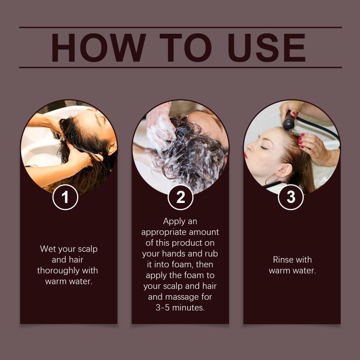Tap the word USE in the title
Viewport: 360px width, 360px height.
(x=266, y=48)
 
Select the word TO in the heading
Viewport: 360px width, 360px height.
(x=185, y=48)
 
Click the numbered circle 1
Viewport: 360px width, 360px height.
(x=65, y=197)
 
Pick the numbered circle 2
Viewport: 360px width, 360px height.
(x=180, y=197)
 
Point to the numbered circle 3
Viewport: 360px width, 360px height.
(x=291, y=197)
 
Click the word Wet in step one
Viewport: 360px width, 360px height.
(x=48, y=249)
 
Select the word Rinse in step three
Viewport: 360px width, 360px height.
(x=283, y=260)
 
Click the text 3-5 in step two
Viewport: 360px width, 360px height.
(x=163, y=308)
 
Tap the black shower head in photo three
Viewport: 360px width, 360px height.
(x=288, y=122)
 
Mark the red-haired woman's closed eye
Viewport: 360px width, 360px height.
(x=263, y=148)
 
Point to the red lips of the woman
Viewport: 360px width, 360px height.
(x=246, y=155)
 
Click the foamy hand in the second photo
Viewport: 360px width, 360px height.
(x=160, y=129)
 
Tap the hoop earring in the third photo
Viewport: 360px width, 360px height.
(x=272, y=180)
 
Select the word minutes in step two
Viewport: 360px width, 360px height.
(x=188, y=308)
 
